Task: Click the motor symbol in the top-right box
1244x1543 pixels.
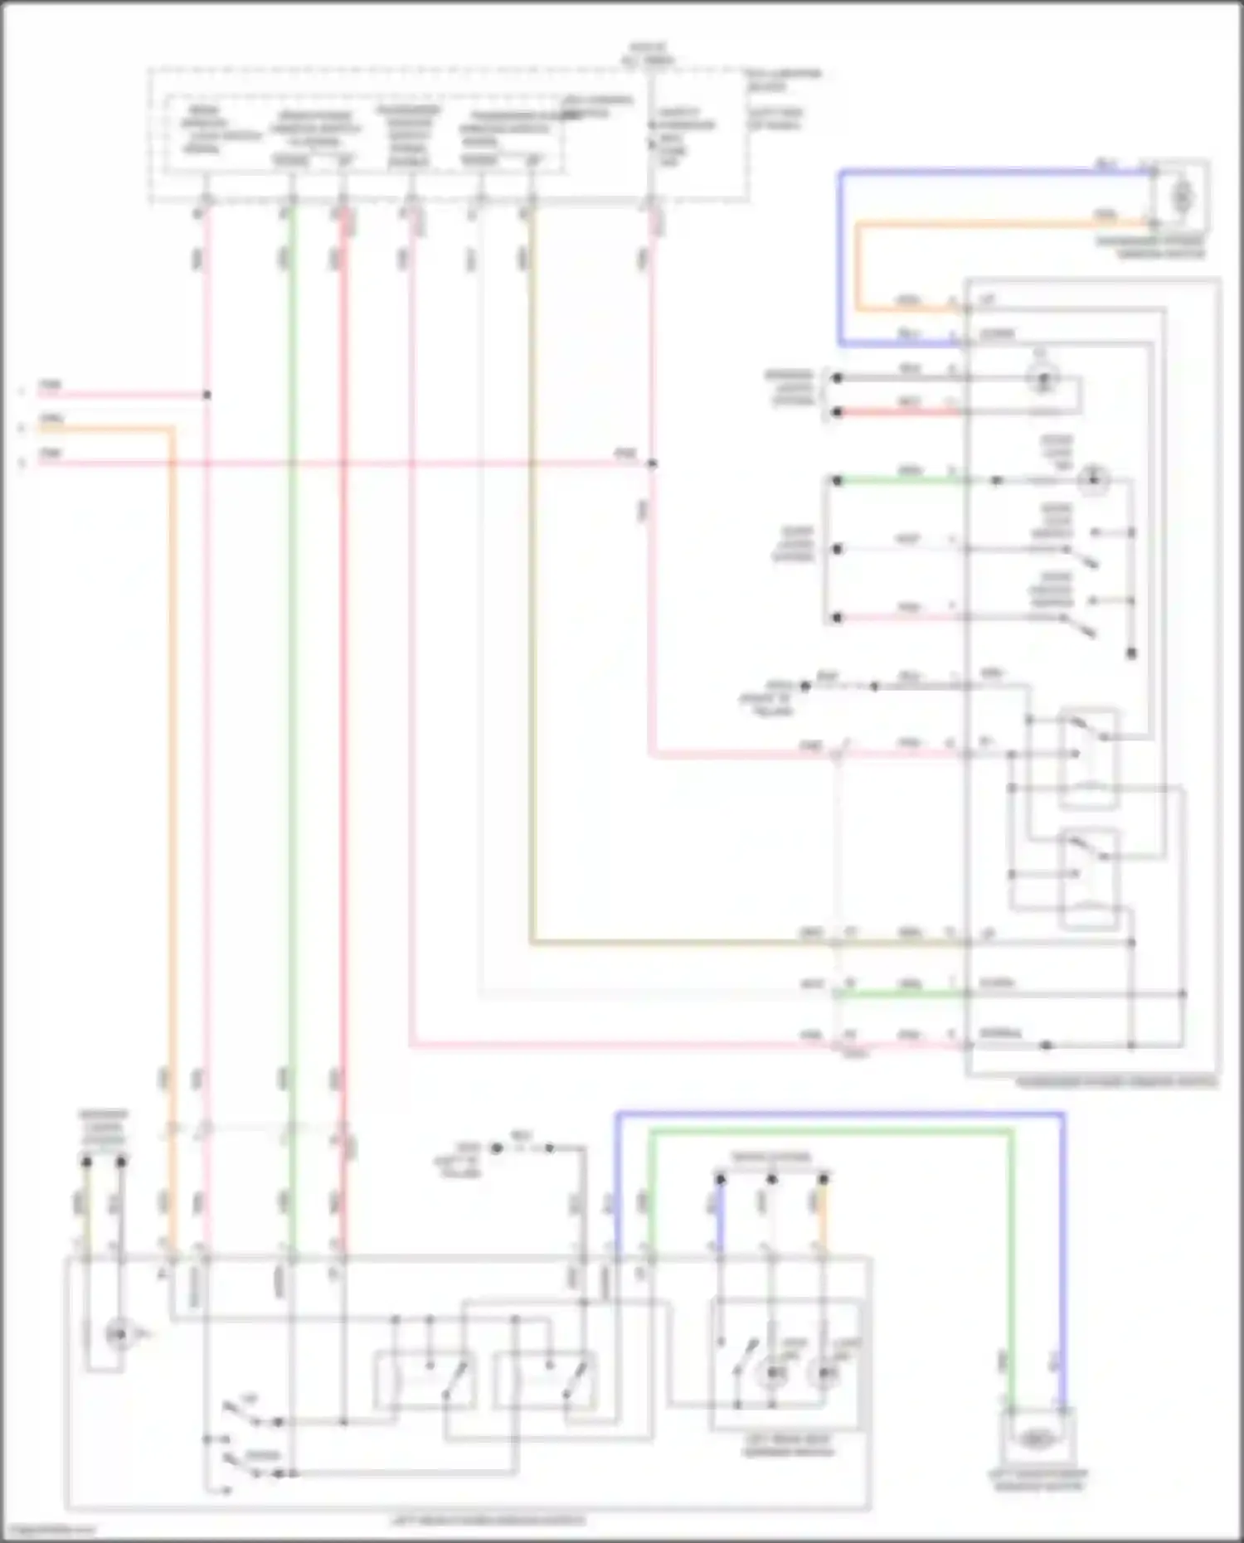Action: pos(1182,197)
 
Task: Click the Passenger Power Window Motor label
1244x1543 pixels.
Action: pos(1149,246)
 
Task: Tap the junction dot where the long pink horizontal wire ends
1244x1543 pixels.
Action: pos(652,463)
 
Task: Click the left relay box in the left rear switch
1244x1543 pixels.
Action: pos(424,1380)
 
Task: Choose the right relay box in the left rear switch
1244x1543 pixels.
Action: pos(545,1380)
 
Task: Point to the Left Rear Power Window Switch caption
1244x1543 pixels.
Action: pos(488,1521)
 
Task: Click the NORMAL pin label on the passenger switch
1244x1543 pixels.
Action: pos(1000,1034)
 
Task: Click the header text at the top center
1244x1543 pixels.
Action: pos(648,55)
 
